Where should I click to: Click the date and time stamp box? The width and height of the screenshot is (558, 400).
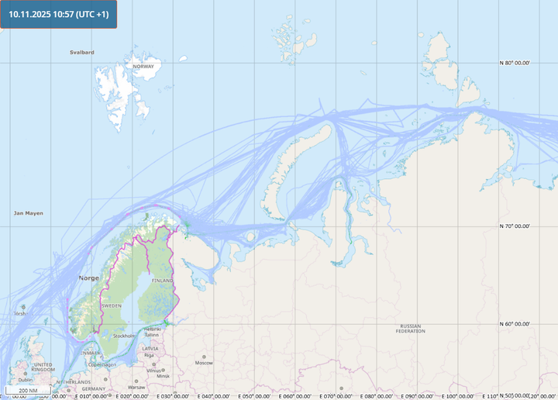point(59,14)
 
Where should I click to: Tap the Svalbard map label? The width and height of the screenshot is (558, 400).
point(81,52)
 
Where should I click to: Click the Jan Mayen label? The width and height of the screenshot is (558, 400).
point(29,212)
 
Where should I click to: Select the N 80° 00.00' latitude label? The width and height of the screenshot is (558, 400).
point(515,63)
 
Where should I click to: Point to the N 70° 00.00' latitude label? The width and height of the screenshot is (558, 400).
point(515,226)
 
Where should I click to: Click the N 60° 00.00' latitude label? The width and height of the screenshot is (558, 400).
point(515,324)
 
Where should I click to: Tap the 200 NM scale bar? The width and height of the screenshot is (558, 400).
point(29,390)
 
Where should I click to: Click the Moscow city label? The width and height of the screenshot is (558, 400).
point(204,363)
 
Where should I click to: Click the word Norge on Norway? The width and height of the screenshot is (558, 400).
point(88,278)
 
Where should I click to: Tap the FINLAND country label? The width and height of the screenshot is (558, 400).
point(163,280)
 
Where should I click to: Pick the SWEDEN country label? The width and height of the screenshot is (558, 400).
point(112,306)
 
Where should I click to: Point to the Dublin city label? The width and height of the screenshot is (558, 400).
point(26,380)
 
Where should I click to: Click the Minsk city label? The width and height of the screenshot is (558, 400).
point(163,376)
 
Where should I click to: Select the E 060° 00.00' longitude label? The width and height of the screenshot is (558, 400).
point(284,395)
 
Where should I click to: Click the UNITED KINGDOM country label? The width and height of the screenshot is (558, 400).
point(43,367)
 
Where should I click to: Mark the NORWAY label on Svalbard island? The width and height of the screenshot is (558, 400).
point(143,67)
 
